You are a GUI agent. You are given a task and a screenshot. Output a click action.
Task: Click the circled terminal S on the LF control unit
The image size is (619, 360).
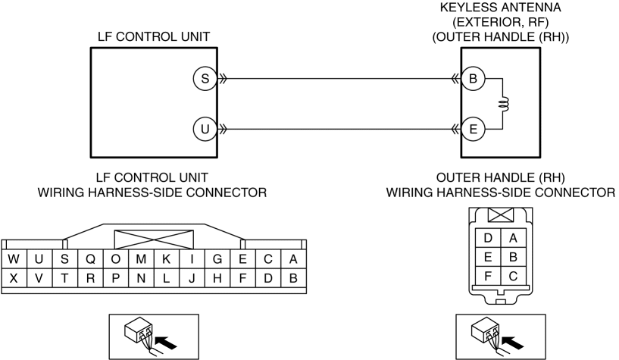coord(205,79)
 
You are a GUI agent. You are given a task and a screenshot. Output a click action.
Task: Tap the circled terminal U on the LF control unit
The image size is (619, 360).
coord(205,129)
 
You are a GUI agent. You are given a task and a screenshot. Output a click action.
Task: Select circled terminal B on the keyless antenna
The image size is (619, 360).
coord(473,79)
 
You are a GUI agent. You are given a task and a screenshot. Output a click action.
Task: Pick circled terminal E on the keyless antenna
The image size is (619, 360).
coord(473,129)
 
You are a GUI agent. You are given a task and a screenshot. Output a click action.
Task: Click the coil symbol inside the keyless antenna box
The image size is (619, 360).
coord(504,105)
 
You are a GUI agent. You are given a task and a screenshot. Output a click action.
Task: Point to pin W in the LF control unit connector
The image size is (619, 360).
coord(14,259)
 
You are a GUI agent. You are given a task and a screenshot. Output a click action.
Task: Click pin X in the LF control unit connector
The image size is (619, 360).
coord(14,279)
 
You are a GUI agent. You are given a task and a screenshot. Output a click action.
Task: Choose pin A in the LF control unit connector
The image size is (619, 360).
coord(293,259)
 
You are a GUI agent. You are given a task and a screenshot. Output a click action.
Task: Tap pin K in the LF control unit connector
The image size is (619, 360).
coord(166,259)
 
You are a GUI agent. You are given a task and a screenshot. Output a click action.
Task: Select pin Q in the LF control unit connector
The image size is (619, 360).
coord(90,259)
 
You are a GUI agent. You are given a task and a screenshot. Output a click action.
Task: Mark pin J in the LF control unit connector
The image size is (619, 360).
coord(192,279)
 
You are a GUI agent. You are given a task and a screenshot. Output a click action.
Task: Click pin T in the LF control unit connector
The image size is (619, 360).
coord(64,279)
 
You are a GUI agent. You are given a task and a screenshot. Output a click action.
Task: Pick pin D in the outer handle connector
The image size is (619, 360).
coord(488,238)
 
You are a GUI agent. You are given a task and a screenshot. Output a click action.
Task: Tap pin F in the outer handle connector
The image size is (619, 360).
coord(488,276)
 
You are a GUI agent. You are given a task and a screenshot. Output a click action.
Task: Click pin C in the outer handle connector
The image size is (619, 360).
coord(513,276)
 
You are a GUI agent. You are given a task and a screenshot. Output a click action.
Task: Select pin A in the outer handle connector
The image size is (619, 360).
coord(513,238)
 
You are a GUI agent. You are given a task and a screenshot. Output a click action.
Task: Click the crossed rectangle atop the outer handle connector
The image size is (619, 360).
coord(501,214)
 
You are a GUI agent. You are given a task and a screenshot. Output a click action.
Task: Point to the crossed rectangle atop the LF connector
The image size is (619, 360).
coord(154,239)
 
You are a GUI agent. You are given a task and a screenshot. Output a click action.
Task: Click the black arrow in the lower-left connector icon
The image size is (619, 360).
coord(166,342)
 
